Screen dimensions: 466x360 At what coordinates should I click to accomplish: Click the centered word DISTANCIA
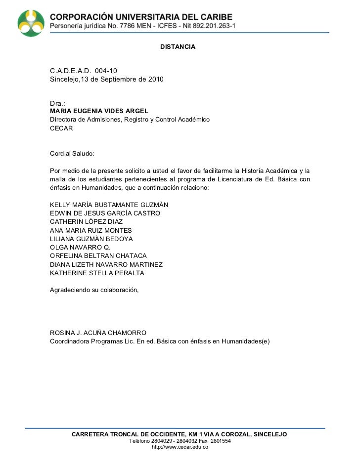(x=178, y=46)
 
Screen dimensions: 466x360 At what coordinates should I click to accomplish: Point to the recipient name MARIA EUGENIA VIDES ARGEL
(x=99, y=111)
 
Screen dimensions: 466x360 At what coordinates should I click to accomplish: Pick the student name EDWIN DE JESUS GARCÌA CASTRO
(x=105, y=213)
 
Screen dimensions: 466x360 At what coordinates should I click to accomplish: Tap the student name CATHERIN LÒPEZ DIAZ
(x=87, y=222)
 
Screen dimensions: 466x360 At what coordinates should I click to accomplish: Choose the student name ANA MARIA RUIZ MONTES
(x=91, y=230)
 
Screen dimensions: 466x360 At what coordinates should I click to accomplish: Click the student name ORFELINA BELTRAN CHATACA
(x=98, y=256)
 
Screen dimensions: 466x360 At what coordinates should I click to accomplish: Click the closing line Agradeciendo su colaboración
(x=94, y=290)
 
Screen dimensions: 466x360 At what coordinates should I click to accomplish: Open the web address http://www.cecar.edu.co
(x=180, y=447)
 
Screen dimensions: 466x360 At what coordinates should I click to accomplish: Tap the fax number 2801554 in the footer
(x=221, y=441)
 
